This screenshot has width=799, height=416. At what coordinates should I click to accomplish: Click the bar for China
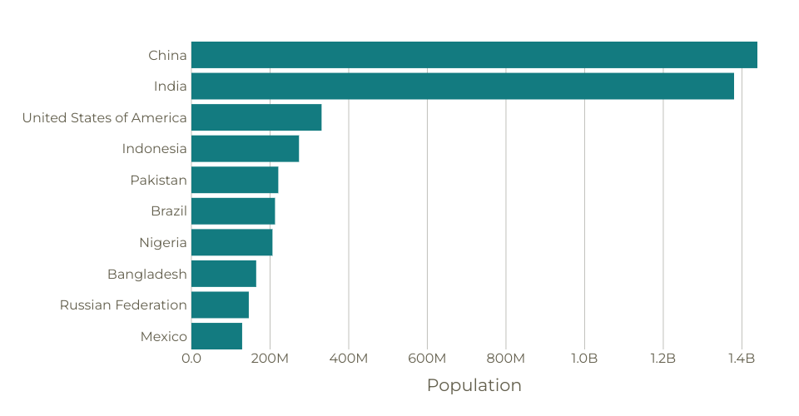click(474, 55)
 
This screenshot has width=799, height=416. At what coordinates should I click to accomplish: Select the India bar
click(462, 87)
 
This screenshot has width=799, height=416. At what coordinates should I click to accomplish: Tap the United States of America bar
click(256, 117)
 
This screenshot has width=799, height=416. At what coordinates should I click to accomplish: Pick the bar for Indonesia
click(245, 149)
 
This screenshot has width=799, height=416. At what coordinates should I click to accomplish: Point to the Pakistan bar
click(235, 180)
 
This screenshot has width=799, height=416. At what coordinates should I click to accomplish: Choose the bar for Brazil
click(233, 211)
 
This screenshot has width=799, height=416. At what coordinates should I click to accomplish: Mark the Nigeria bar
click(231, 242)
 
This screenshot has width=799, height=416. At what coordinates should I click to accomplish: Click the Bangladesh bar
click(224, 274)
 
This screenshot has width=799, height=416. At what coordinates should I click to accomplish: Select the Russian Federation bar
click(220, 305)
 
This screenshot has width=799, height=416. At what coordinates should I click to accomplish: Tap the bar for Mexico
click(216, 336)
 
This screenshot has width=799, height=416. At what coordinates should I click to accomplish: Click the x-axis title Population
click(474, 385)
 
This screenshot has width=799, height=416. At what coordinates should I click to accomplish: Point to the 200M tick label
click(270, 359)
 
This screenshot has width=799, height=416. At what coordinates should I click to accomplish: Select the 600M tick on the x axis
click(427, 359)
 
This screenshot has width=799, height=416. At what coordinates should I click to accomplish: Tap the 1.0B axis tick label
click(584, 359)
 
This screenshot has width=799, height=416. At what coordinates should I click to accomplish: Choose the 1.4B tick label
click(742, 359)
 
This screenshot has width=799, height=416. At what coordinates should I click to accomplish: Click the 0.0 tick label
click(191, 359)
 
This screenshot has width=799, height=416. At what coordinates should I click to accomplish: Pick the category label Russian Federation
click(123, 305)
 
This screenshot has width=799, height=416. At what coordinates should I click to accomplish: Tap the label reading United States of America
click(105, 118)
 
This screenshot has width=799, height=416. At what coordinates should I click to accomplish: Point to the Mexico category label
click(164, 337)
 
